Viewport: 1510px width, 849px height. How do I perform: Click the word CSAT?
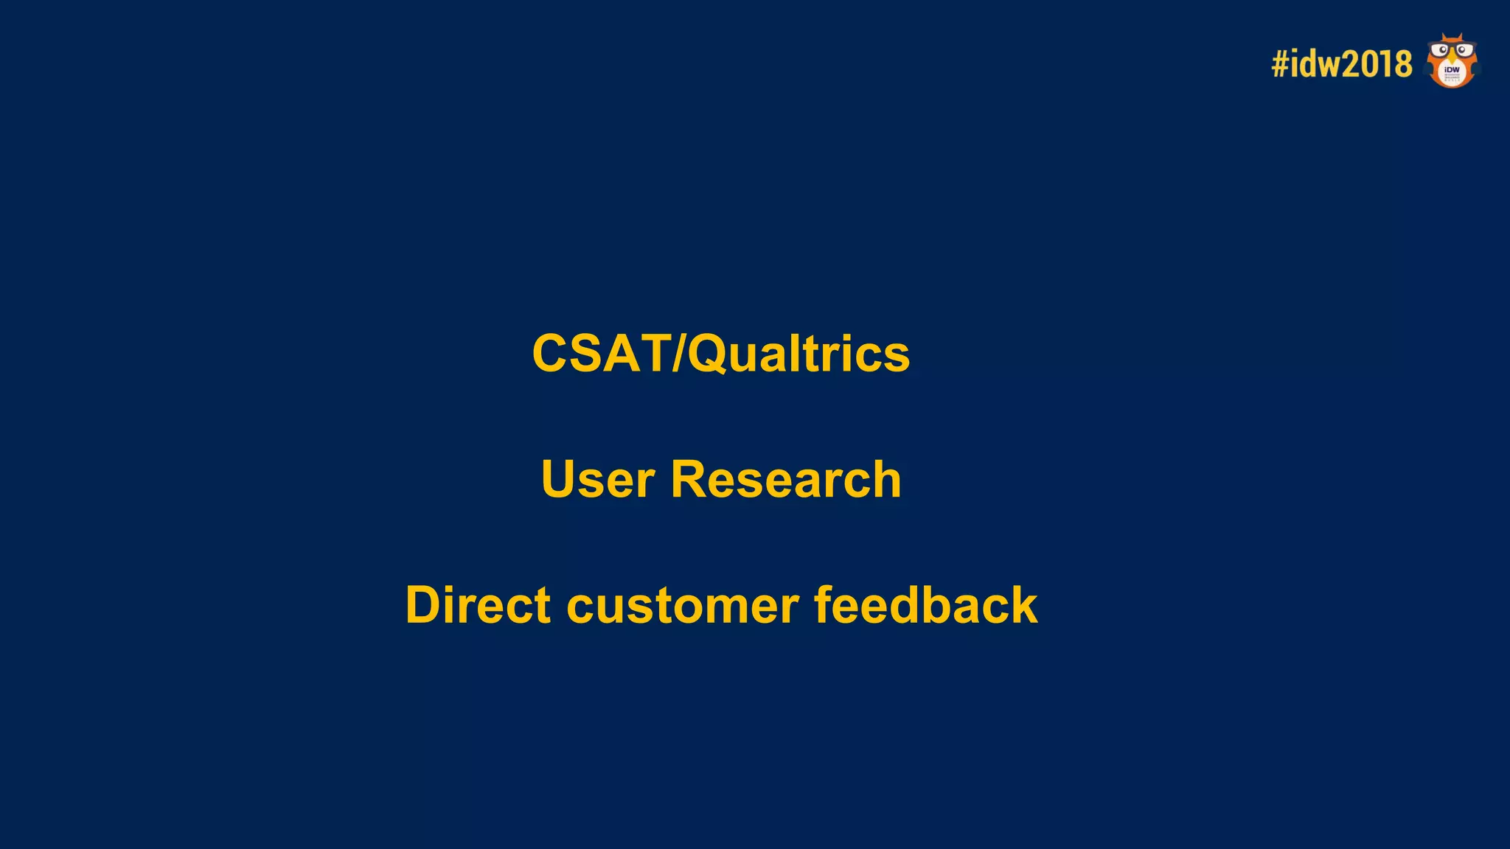click(600, 354)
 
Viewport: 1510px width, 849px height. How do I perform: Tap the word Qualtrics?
click(799, 354)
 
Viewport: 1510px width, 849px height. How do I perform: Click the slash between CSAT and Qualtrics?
click(678, 354)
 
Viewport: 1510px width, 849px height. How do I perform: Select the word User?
click(597, 480)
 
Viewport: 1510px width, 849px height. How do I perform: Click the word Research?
click(786, 480)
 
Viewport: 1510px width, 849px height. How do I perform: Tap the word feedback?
click(925, 605)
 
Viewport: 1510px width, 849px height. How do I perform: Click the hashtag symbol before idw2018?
click(1280, 64)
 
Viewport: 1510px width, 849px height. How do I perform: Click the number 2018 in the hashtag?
click(1377, 64)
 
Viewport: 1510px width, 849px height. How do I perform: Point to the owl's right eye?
click(1462, 50)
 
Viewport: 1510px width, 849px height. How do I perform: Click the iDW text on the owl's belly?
click(1452, 70)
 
